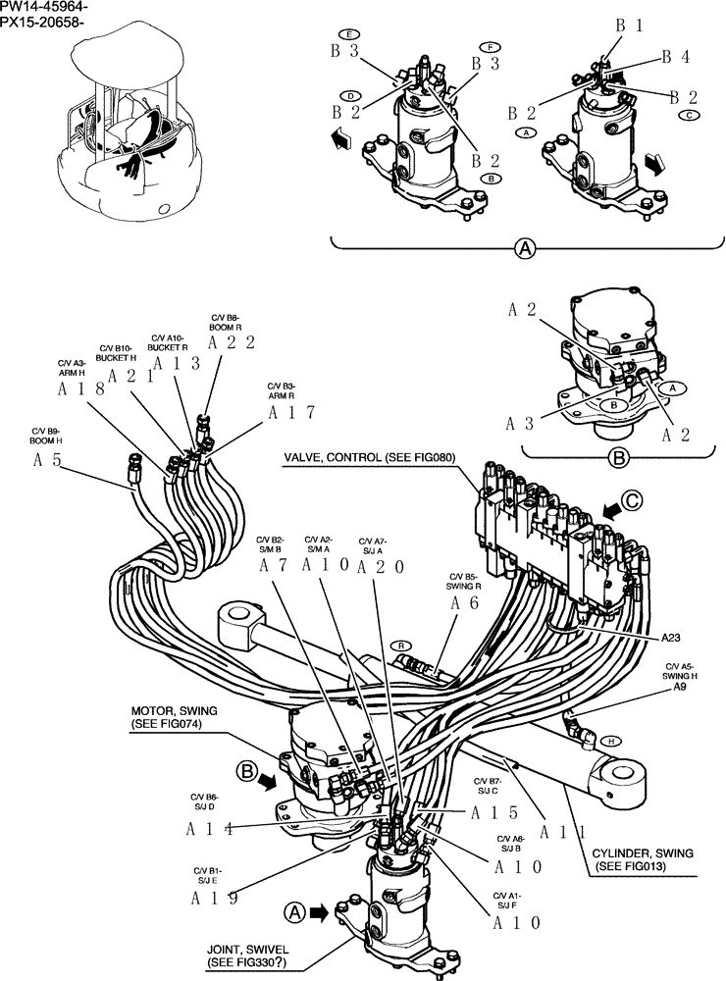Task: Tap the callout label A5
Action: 48,459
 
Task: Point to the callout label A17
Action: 290,413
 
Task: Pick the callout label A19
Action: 210,897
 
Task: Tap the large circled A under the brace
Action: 526,250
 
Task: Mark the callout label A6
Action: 464,604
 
